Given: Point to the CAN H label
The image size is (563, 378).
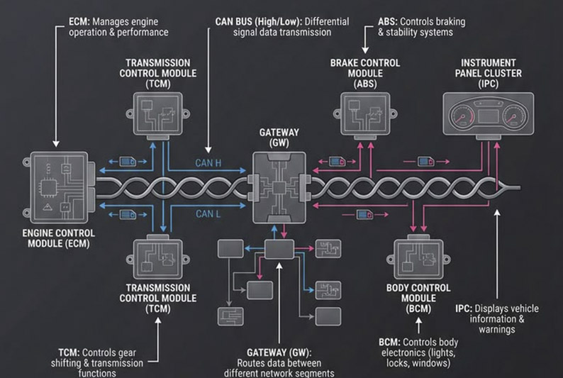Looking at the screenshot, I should (x=208, y=162).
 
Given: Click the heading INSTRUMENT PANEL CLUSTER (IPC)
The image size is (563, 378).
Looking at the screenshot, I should (x=489, y=72).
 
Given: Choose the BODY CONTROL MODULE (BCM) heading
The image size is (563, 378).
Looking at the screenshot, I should (x=418, y=298).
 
